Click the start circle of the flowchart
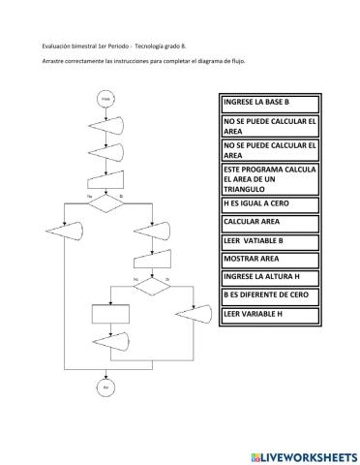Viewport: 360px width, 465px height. coord(105,99)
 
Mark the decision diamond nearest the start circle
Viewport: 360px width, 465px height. coord(105,199)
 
